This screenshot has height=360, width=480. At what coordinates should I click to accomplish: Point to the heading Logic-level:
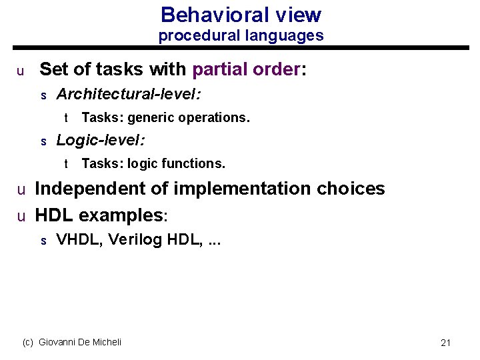coord(101,140)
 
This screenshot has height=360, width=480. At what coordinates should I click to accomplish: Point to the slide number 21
coord(446,343)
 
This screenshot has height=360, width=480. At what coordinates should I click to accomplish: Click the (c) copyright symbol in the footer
coord(28,342)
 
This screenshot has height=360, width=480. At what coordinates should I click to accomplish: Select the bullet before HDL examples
coord(21,217)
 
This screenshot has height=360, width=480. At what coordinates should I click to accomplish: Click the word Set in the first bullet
coord(53,69)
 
